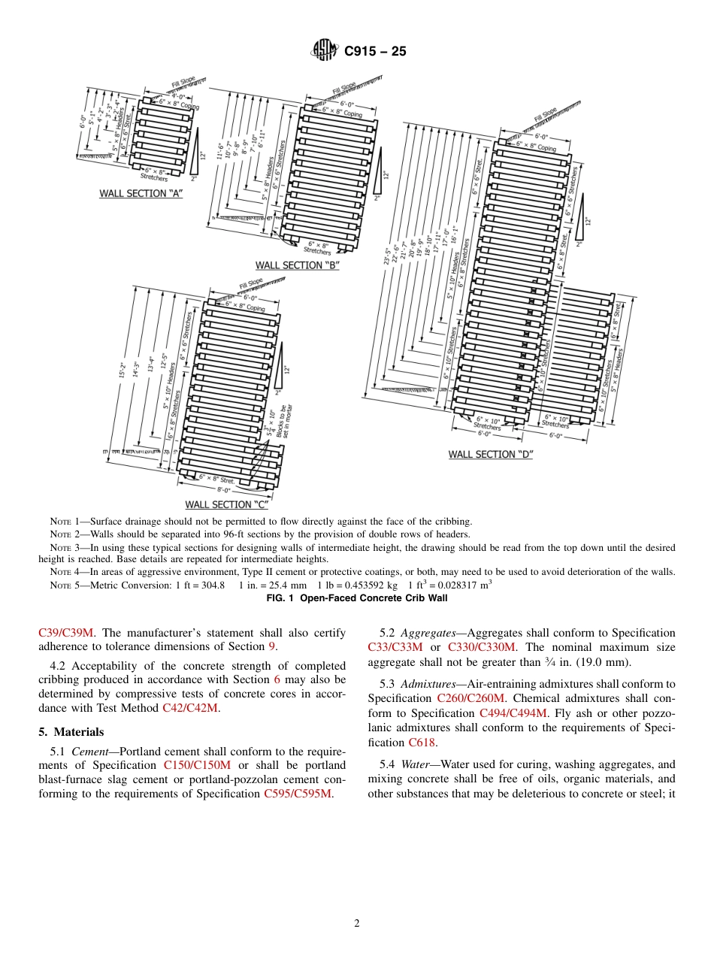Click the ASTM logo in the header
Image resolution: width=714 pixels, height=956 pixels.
(325, 51)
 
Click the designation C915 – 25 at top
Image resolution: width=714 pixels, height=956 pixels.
(375, 51)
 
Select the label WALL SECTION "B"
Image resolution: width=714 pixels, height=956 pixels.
(298, 265)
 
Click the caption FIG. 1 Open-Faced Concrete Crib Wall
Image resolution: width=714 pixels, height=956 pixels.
(356, 598)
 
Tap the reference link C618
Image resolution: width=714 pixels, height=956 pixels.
(422, 742)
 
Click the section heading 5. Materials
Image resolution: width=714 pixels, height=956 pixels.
(71, 732)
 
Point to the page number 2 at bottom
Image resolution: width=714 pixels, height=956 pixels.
(357, 924)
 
